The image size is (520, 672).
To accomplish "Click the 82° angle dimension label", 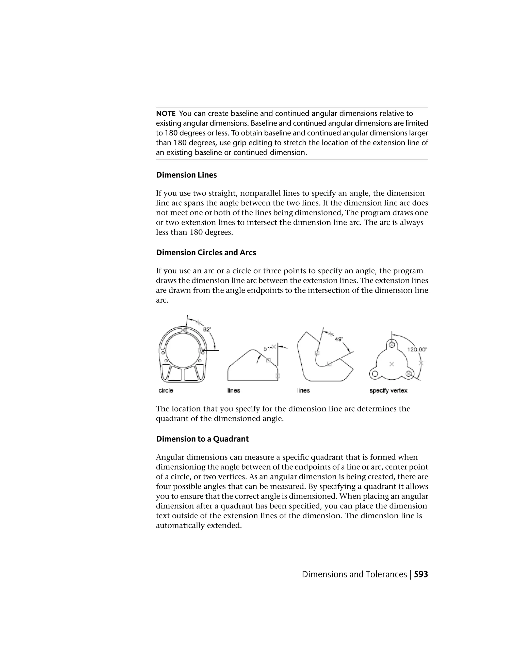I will click(207, 329).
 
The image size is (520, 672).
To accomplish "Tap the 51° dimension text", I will click(267, 348).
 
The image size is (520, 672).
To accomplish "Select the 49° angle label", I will click(338, 339).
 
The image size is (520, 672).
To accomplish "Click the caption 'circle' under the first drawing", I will click(166, 390).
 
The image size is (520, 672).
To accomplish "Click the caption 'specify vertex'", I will click(388, 390).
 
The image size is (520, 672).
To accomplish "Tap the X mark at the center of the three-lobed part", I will click(392, 364).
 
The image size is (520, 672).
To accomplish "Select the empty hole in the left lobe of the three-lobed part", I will click(375, 374).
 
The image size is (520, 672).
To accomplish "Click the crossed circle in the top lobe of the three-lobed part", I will click(392, 345).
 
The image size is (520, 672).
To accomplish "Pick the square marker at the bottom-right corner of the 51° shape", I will click(278, 376).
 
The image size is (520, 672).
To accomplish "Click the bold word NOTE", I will click(166, 114).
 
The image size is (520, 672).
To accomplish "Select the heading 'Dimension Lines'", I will click(186, 175).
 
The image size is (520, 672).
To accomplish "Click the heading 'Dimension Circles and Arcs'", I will click(206, 252).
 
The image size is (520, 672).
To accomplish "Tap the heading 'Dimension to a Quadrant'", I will click(202, 439).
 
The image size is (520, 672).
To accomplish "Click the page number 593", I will click(421, 574).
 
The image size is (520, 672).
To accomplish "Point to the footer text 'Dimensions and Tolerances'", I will click(354, 574).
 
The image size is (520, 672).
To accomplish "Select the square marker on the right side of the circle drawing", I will click(200, 350).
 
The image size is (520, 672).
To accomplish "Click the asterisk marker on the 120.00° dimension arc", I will click(421, 363).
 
